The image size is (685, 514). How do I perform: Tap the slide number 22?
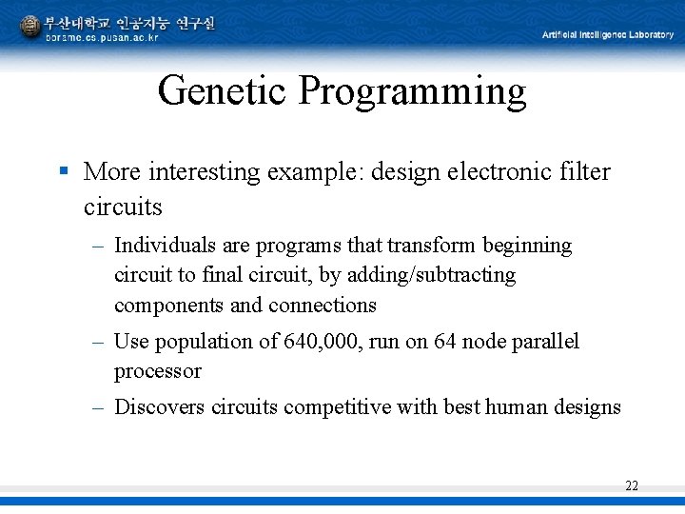click(x=632, y=485)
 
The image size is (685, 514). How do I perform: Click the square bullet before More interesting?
click(x=63, y=171)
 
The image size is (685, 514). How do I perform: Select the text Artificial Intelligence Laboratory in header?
click(x=608, y=35)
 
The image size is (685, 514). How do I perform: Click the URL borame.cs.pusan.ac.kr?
click(x=102, y=37)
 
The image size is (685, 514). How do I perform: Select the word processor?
click(x=158, y=371)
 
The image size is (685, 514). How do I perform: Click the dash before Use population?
click(x=98, y=341)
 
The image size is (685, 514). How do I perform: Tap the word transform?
click(x=433, y=246)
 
